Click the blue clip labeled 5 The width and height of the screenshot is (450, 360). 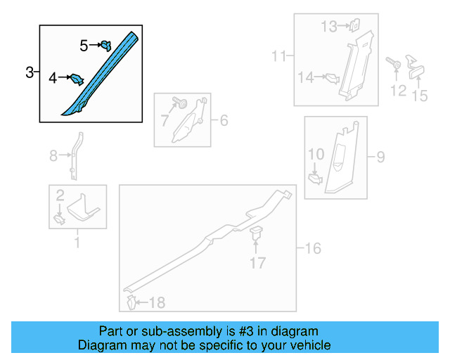pos(106,46)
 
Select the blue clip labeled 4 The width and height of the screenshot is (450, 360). pos(77,79)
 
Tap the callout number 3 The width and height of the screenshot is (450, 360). pos(30,72)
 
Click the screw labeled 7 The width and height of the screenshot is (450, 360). pos(180,102)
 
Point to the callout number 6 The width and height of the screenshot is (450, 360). pos(224,120)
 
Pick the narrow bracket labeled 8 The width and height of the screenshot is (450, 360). pos(76,156)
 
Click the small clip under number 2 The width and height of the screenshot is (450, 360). pos(59,220)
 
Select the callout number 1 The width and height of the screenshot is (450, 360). pos(77,243)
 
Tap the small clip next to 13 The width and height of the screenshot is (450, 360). pos(355,25)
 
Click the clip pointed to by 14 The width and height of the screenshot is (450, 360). pos(333,78)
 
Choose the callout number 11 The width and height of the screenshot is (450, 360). pos(278,56)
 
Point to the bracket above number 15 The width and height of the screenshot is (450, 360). pos(416,67)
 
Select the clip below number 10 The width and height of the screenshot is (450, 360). pos(315,179)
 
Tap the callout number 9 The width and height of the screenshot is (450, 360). pos(380,157)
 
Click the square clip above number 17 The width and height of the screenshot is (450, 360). pos(256,233)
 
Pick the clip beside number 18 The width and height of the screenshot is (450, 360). pos(131,302)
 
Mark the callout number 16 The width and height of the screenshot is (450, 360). pos(313,248)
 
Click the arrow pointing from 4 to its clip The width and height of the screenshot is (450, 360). pos(65,77)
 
